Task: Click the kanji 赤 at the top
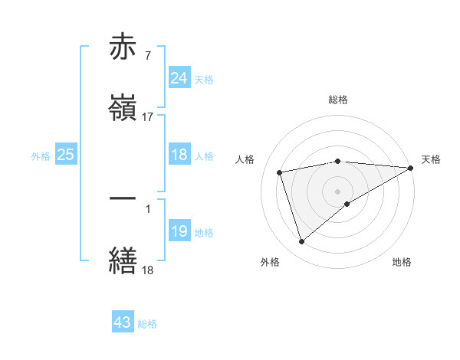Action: coord(123,48)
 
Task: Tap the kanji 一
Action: coord(123,198)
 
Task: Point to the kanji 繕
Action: coord(123,258)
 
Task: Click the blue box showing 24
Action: coord(179,78)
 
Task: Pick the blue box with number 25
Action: coord(65,155)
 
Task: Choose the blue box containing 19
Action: coord(179,231)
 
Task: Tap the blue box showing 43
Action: coord(123,322)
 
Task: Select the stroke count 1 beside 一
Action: coord(147,208)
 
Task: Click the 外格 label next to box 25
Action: coord(41,155)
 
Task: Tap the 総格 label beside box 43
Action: coord(147,324)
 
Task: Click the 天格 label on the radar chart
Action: coord(431,159)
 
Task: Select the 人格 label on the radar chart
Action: coord(245,159)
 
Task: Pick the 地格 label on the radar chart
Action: coord(402,262)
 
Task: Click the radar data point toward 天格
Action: coord(411,168)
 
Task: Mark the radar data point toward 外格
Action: coord(301,242)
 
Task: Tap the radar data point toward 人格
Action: coord(280,172)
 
